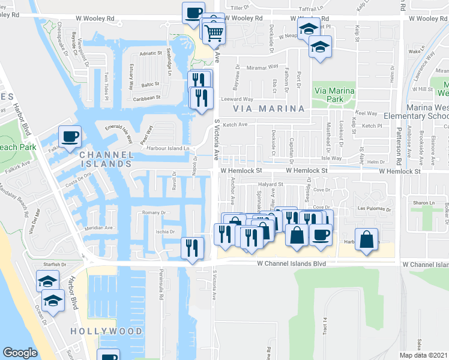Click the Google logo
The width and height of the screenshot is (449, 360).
20,353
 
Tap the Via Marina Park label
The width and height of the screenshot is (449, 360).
334,95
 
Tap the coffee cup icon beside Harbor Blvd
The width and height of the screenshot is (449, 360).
69,137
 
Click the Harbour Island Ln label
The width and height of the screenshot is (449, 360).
171,148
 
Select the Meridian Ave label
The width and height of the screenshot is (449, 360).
99,228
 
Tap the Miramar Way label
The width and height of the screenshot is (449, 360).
265,67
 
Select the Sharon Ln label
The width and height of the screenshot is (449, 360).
422,203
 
